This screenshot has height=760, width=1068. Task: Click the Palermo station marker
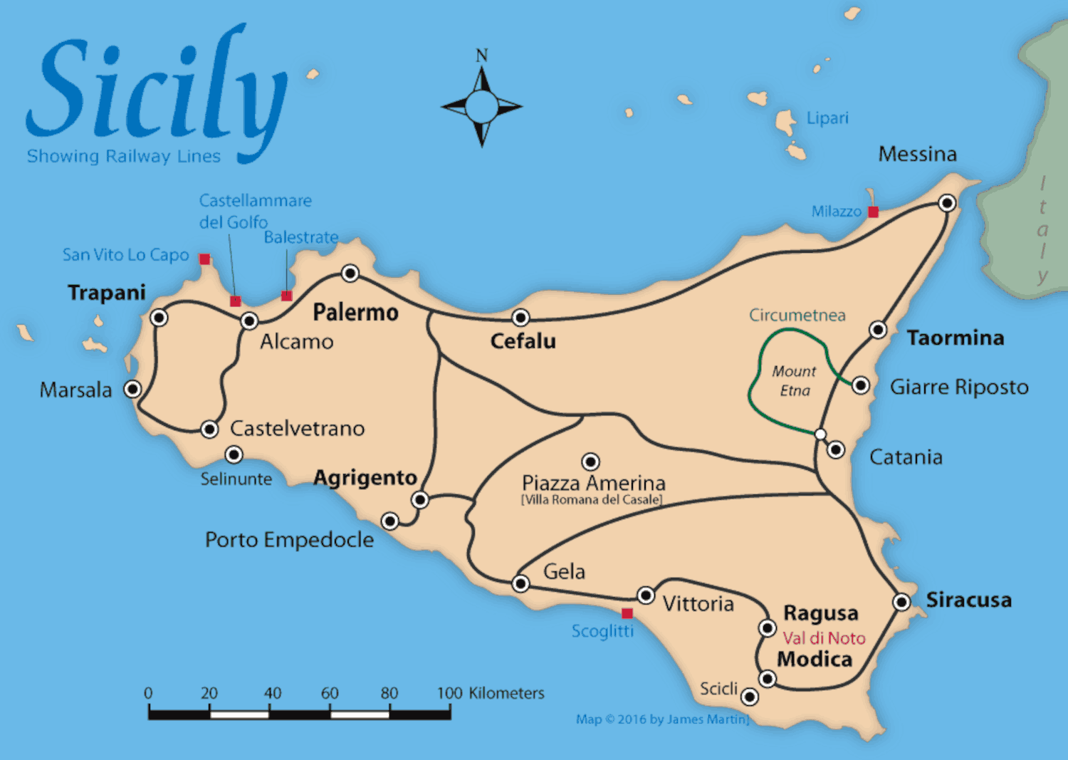pos(350,274)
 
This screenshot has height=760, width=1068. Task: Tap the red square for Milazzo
pos(873,212)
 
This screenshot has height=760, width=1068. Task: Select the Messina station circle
pos(947,203)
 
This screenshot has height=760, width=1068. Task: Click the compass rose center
pos(482,107)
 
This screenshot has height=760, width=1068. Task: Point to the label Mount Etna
pos(795,381)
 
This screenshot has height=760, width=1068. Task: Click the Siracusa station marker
pos(902,602)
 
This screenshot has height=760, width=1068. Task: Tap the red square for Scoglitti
pos(627,613)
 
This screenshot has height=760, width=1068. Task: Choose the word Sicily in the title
pos(157,89)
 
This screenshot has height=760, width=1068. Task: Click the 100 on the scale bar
pos(449,693)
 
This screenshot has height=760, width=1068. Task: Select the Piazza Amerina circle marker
pos(590,462)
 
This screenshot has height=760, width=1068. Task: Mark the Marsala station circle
pos(132,389)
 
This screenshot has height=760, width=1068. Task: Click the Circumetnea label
pos(797,315)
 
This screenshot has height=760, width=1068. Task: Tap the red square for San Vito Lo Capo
pos(204,259)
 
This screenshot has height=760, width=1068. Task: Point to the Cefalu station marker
pos(520,318)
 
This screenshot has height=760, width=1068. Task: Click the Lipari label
pos(827,118)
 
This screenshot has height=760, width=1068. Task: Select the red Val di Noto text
pos(824,638)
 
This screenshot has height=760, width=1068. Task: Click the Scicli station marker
pos(750,697)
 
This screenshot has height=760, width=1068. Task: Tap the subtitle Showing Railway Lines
pos(124,157)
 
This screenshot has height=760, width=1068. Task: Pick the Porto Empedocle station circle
pos(389,521)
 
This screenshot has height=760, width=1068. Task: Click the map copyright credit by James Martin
pos(662,719)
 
